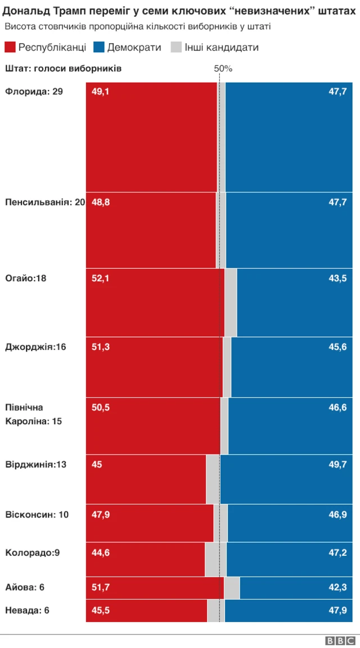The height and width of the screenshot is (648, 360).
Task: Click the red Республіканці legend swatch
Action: pyautogui.click(x=10, y=47)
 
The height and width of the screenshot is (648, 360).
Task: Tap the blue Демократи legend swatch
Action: pyautogui.click(x=98, y=47)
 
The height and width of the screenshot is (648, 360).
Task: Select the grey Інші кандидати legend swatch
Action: pyautogui.click(x=176, y=47)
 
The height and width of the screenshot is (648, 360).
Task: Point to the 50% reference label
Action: pyautogui.click(x=223, y=68)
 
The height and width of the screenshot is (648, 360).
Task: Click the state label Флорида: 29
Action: pyautogui.click(x=34, y=91)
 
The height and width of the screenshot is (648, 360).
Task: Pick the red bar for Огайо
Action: pyautogui.click(x=155, y=302)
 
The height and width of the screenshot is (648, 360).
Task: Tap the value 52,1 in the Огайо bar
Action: pyautogui.click(x=101, y=278)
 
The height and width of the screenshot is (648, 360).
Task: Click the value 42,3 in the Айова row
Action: pyautogui.click(x=337, y=587)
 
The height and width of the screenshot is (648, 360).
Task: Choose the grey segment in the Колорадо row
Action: pyautogui.click(x=215, y=559)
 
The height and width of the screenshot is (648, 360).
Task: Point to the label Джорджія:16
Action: pyautogui.click(x=35, y=347)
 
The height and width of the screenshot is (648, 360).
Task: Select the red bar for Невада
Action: pyautogui.click(x=146, y=611)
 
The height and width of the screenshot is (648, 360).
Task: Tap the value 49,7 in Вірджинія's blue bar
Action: pyautogui.click(x=337, y=464)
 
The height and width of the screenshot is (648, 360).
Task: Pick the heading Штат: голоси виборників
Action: pyautogui.click(x=63, y=69)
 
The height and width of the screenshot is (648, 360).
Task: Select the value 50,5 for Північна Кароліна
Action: pyautogui.click(x=101, y=408)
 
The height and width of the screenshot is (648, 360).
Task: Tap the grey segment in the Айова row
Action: pyautogui.click(x=232, y=588)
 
